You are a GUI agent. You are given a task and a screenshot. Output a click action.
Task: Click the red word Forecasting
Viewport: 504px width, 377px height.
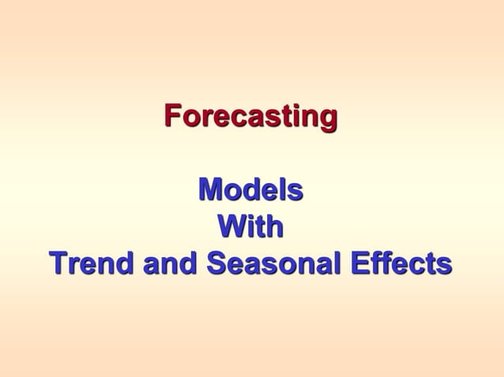point(250,117)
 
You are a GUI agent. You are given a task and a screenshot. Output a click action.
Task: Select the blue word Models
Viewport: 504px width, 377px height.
point(250,190)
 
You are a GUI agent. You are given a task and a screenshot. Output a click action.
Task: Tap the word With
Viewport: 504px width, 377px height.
point(250,227)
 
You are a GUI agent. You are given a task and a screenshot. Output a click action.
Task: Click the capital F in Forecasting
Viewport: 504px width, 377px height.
point(172,115)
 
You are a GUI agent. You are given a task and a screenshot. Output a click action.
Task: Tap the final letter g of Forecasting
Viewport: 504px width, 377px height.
point(329,119)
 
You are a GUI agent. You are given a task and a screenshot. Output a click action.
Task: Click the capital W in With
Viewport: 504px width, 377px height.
point(231,227)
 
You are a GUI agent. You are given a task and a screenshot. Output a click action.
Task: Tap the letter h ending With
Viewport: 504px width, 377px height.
point(274,227)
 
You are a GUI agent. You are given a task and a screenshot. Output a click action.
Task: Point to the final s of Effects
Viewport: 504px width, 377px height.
point(445,265)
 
